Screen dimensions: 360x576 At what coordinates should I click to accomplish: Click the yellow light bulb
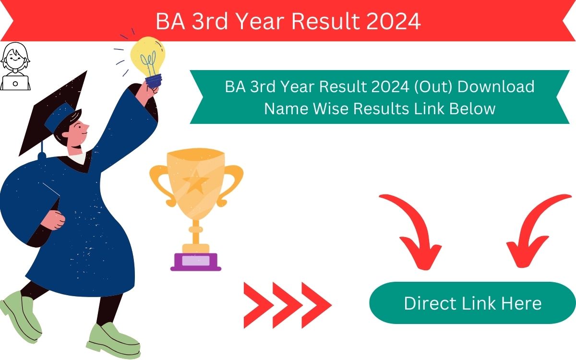click(x=147, y=56)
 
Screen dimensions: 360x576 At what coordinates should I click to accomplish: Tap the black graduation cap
click(x=53, y=113)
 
